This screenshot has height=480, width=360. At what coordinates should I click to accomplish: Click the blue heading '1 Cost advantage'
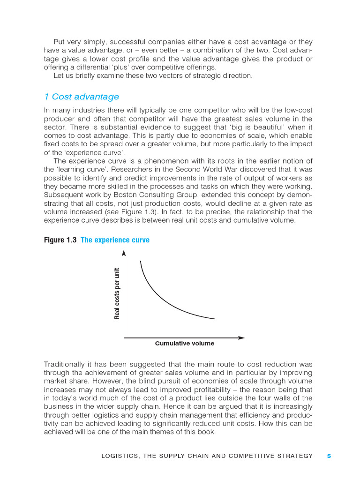pyautogui.click(x=82, y=97)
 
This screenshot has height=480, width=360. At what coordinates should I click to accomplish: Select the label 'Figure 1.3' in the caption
pyautogui.click(x=60, y=240)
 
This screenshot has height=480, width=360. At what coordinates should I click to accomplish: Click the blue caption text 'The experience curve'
pyautogui.click(x=115, y=240)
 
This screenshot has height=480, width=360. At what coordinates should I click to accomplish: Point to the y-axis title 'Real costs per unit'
pyautogui.click(x=117, y=293)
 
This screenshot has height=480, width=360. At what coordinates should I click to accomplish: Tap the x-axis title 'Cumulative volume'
pyautogui.click(x=184, y=344)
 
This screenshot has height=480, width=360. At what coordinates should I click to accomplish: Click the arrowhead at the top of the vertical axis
pyautogui.click(x=124, y=253)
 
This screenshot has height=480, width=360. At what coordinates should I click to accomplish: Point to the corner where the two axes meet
pyautogui.click(x=124, y=337)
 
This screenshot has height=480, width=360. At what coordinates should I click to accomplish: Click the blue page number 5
pyautogui.click(x=329, y=456)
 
